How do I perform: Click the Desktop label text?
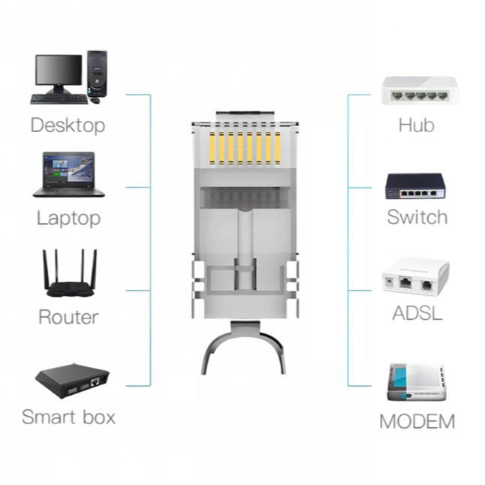pyautogui.click(x=68, y=125)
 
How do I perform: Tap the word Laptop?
pyautogui.click(x=68, y=218)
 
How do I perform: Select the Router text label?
pyautogui.click(x=68, y=317)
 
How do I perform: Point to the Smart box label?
pyautogui.click(x=68, y=416)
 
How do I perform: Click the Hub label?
pyautogui.click(x=416, y=125)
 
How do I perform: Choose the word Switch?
pyautogui.click(x=417, y=218)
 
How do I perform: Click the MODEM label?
pyautogui.click(x=417, y=421)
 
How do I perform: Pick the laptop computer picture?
pyautogui.click(x=68, y=174)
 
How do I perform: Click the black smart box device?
pyautogui.click(x=71, y=379)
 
